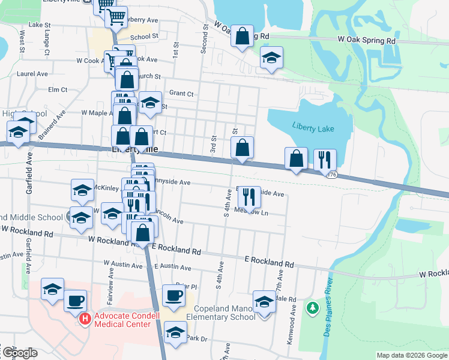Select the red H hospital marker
click(85, 319)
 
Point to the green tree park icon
click(312, 308)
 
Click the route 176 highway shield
click(332, 174)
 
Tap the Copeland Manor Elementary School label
click(220, 313)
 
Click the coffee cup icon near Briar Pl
click(173, 295)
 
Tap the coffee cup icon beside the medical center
click(75, 300)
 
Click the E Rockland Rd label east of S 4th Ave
click(269, 263)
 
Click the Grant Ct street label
click(181, 93)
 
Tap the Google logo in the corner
click(19, 353)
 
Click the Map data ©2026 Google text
click(411, 355)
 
